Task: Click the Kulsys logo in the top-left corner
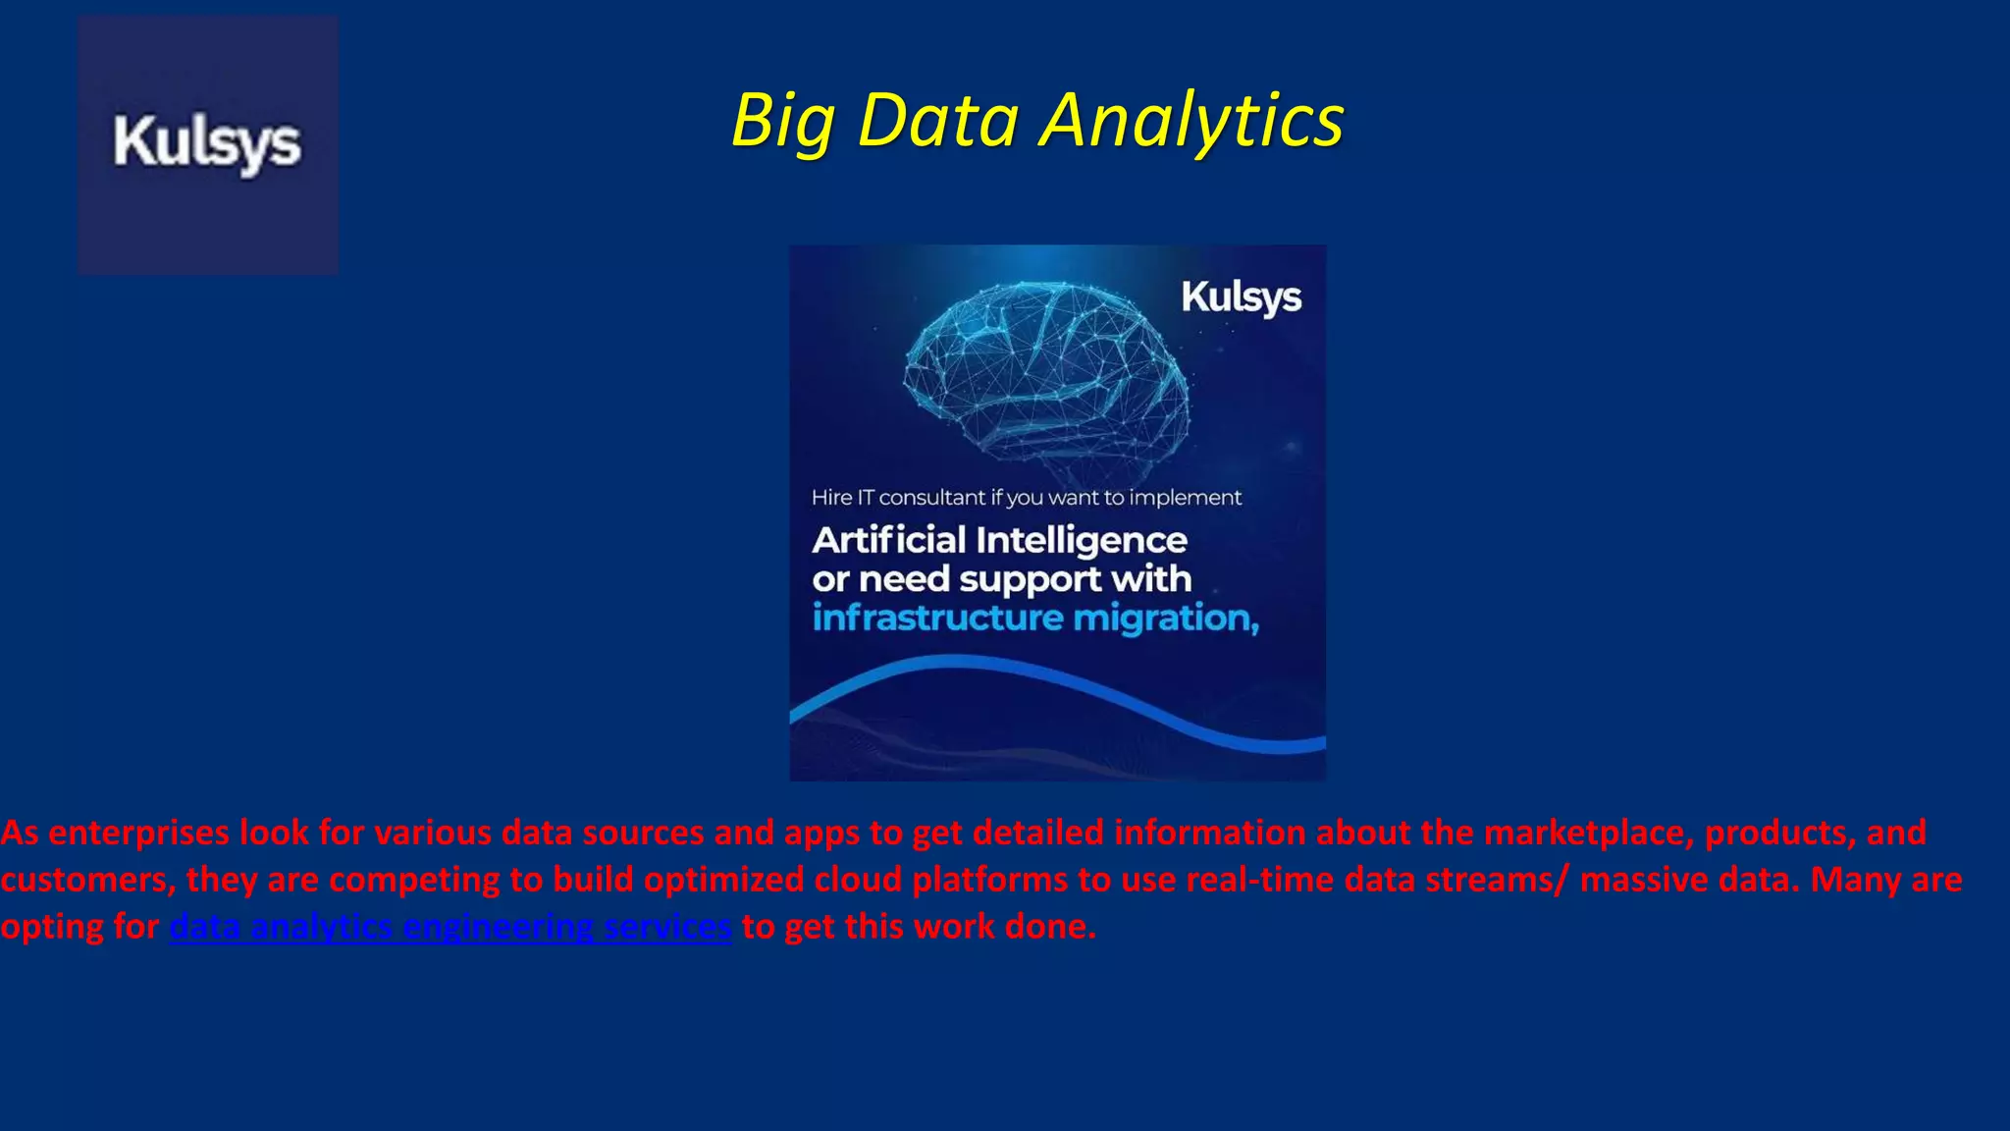pos(207,144)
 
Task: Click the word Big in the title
pos(782,122)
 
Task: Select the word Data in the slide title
pos(938,122)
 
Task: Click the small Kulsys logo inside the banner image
pos(1241,297)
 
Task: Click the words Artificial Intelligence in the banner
pos(999,540)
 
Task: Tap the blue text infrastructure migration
pos(1034,619)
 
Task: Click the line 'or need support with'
pos(1001,579)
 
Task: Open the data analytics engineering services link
pos(450,927)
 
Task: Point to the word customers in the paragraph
pos(86,880)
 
